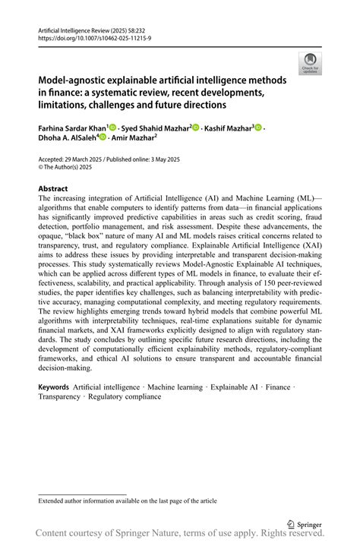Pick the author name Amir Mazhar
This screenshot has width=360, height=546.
click(x=134, y=139)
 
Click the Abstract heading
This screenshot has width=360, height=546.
click(x=52, y=188)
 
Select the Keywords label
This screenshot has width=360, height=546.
click(x=54, y=387)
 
